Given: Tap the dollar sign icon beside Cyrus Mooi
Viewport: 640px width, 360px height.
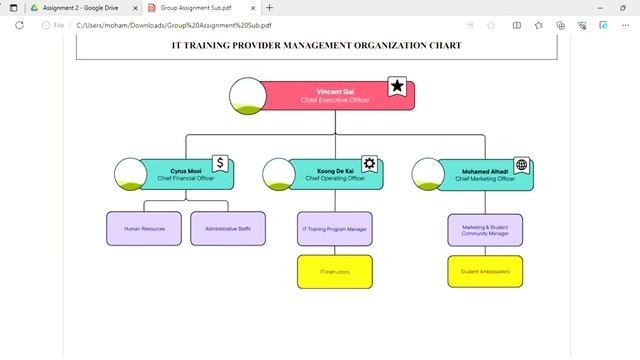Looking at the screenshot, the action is pos(220,163).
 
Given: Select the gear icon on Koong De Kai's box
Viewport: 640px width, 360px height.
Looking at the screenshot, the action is pos(369,164).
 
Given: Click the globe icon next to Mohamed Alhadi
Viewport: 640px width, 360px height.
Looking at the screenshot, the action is pos(521,164).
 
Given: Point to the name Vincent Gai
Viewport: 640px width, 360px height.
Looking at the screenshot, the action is pos(335,91).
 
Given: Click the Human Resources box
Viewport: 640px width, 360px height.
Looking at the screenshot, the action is pos(144,229).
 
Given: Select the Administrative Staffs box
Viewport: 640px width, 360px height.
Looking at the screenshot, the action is pos(228,229).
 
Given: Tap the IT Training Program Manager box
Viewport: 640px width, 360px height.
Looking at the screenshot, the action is pos(335,229).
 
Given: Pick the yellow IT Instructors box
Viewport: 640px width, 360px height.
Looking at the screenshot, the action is pos(335,271).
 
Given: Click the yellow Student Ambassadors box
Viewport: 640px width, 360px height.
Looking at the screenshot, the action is pos(485,271).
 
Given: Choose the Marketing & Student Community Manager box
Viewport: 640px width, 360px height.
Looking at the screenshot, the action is pos(485,229).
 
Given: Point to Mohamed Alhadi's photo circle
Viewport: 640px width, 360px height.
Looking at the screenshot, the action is pos(429,173).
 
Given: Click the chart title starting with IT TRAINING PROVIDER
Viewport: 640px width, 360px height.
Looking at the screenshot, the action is pos(316,45).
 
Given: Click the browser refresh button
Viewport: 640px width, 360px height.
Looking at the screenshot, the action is pos(19,25).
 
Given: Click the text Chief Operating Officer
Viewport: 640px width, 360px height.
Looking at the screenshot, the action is pos(335,179).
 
